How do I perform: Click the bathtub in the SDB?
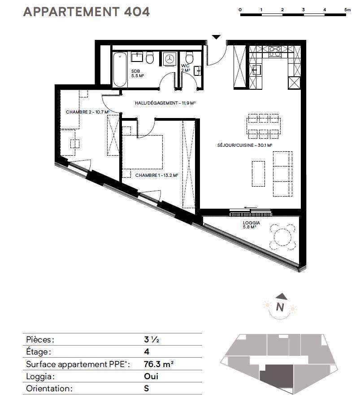[120, 70]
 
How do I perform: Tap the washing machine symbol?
[169, 59]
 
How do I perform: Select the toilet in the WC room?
[189, 58]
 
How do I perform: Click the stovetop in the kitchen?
[275, 52]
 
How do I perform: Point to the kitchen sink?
[257, 70]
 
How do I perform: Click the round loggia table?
[282, 237]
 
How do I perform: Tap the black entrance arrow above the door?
[217, 37]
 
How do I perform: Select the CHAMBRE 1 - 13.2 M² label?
[156, 175]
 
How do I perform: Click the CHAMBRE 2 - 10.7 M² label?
[87, 112]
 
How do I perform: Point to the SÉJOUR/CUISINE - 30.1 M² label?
[245, 145]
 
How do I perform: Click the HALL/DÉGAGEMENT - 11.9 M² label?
[165, 103]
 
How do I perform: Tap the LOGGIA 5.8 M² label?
[252, 225]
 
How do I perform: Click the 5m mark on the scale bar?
[347, 10]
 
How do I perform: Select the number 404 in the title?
[137, 12]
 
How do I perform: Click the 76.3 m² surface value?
[159, 364]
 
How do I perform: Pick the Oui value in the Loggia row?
[151, 376]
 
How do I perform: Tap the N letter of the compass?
[280, 307]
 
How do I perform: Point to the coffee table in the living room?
[258, 174]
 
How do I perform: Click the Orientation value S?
[147, 388]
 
